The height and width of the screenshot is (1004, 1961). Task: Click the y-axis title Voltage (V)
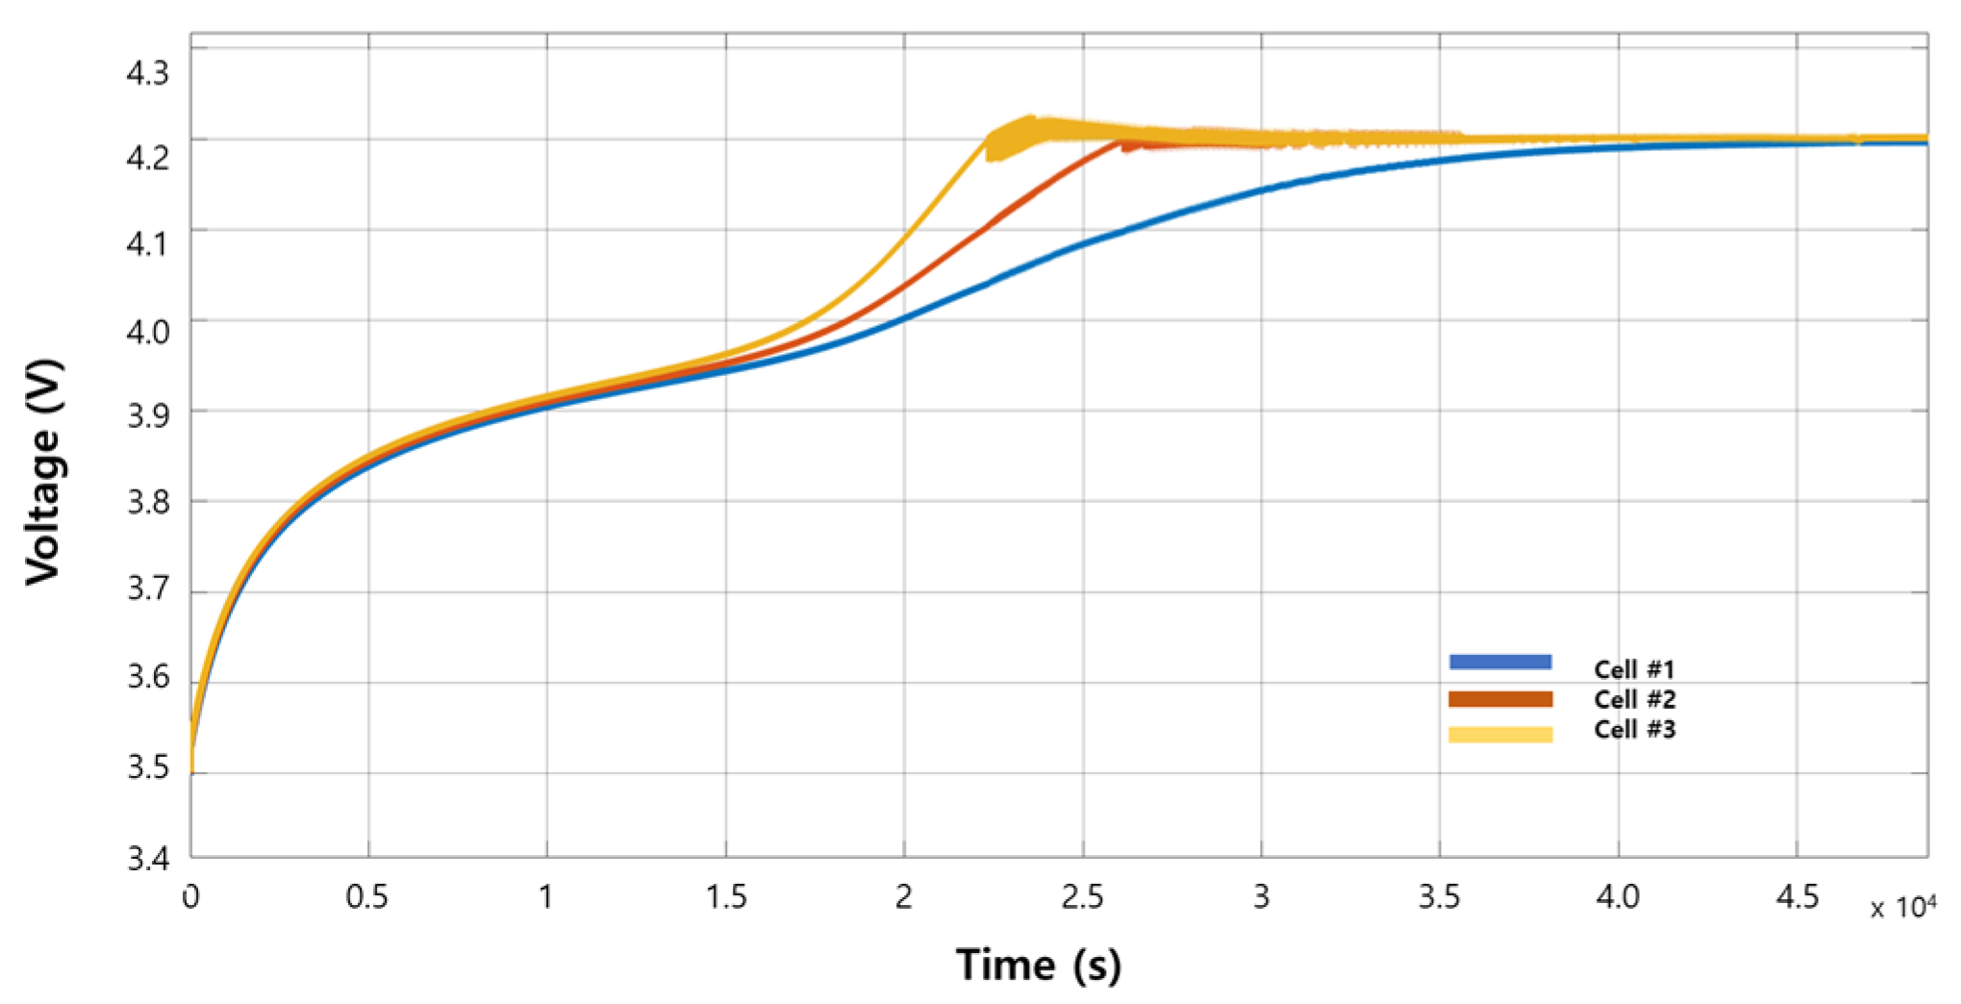tap(43, 471)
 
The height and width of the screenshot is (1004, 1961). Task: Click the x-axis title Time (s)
tap(1038, 965)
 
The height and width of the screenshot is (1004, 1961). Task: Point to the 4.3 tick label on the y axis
tap(147, 73)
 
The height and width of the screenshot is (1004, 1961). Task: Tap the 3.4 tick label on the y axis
tap(147, 858)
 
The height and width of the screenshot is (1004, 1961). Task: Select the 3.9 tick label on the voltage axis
tap(147, 415)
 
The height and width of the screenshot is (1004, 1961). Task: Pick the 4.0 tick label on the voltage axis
tap(147, 332)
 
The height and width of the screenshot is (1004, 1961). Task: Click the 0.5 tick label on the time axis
tap(367, 897)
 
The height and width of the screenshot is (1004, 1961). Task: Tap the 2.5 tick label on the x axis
tap(1082, 897)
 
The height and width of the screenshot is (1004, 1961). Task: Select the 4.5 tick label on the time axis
tap(1797, 897)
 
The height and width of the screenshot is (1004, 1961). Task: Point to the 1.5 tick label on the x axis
tap(725, 897)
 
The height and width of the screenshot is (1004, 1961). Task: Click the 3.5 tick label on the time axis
tap(1439, 897)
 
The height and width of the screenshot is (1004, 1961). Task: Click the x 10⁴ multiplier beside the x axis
tap(1902, 907)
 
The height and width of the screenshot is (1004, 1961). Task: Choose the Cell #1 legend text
tap(1634, 669)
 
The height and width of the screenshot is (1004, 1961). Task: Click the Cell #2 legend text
tap(1634, 699)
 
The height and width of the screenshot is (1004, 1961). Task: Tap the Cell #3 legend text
tap(1634, 730)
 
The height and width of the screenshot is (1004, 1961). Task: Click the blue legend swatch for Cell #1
tap(1500, 662)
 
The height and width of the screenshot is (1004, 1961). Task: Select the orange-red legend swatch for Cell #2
tap(1500, 699)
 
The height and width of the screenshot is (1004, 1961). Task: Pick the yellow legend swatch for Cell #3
tap(1500, 735)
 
